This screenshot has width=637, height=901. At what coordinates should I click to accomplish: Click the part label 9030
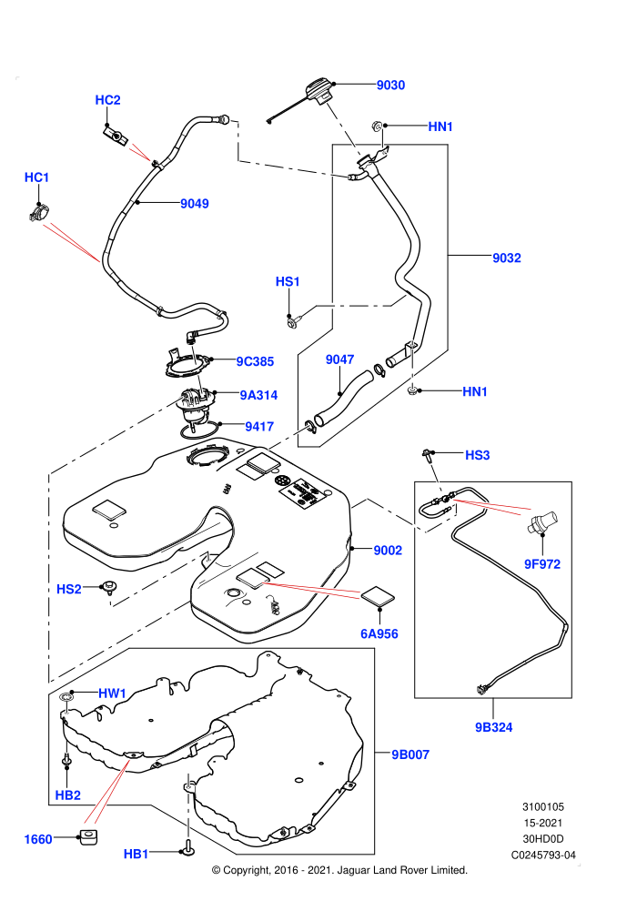(390, 85)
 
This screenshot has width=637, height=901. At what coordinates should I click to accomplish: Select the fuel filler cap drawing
(317, 92)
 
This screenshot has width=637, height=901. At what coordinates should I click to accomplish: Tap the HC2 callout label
(107, 100)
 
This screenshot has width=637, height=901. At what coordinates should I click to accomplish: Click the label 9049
(194, 204)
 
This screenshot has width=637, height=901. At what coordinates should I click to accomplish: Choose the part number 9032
(507, 258)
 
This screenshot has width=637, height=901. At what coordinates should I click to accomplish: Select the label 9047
(339, 359)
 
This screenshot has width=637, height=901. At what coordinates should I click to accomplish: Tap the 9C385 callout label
(255, 361)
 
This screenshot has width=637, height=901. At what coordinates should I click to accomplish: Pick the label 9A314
(258, 395)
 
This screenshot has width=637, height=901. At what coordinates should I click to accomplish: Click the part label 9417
(259, 426)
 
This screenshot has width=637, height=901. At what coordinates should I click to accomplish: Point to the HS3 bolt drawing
(427, 456)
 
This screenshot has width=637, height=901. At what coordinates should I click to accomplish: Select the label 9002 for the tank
(388, 551)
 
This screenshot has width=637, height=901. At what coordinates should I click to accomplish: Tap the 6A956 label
(379, 633)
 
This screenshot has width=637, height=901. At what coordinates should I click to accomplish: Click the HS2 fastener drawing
(108, 587)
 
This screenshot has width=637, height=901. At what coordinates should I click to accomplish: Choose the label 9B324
(493, 727)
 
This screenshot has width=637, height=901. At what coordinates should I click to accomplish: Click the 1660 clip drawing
(88, 837)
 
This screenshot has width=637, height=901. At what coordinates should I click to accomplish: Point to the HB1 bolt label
(136, 855)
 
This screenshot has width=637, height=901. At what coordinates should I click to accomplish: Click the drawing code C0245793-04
(543, 855)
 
